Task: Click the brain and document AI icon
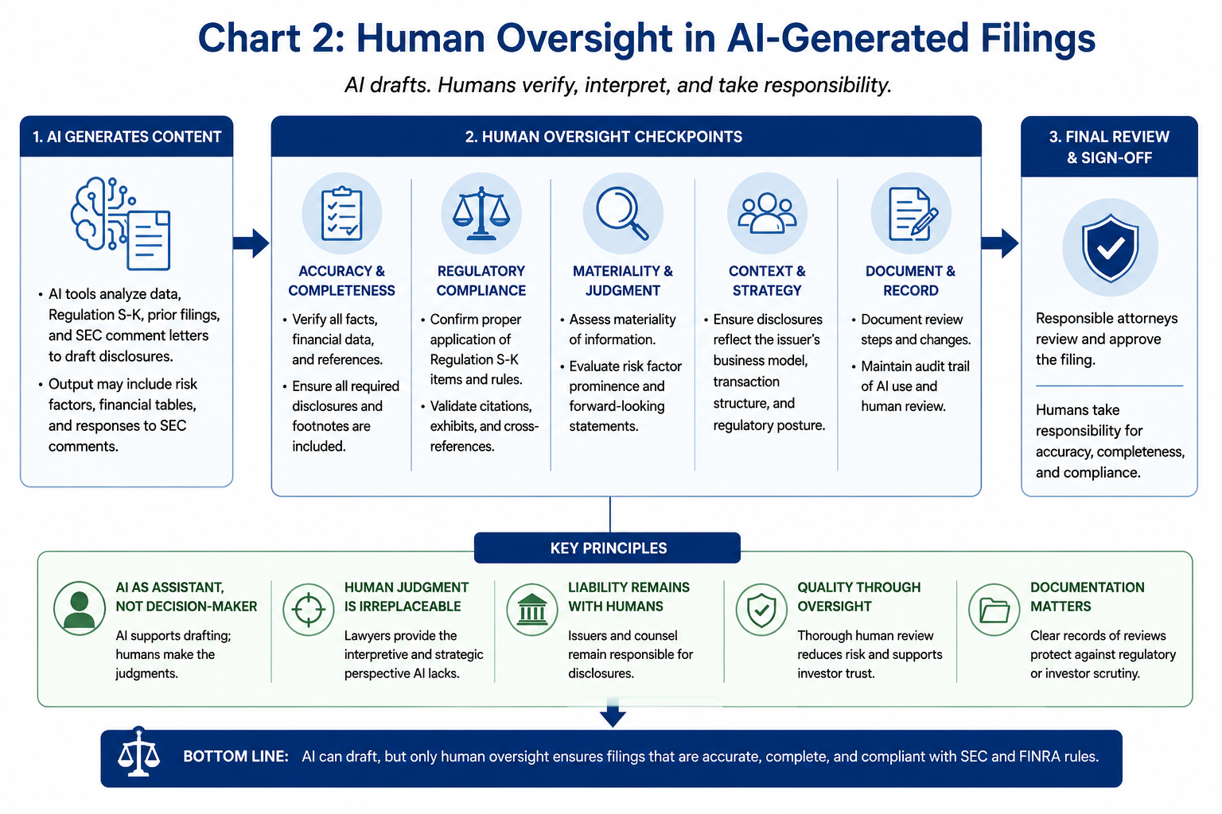pyautogui.click(x=121, y=223)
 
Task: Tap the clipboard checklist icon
pyautogui.click(x=341, y=214)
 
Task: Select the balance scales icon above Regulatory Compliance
pyautogui.click(x=481, y=213)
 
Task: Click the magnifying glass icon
pyautogui.click(x=622, y=213)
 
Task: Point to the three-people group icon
pyautogui.click(x=766, y=213)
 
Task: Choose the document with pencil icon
pyautogui.click(x=913, y=214)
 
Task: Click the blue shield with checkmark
pyautogui.click(x=1110, y=247)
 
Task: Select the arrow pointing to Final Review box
pyautogui.click(x=999, y=243)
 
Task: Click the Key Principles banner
pyautogui.click(x=607, y=548)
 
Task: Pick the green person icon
pyautogui.click(x=79, y=608)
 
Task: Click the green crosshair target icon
pyautogui.click(x=308, y=609)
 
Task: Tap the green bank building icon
pyautogui.click(x=532, y=609)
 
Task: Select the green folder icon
pyautogui.click(x=994, y=610)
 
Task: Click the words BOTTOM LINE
pyautogui.click(x=235, y=756)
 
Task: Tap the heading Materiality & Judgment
pyautogui.click(x=622, y=281)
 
